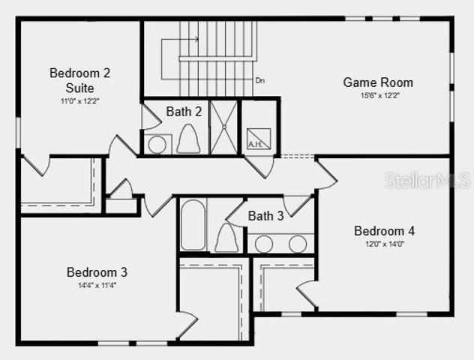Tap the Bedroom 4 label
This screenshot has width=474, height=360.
point(384,231)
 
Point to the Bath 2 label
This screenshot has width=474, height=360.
point(184,112)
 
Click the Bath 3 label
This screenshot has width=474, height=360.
point(265,216)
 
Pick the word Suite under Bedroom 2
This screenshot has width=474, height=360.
point(79,87)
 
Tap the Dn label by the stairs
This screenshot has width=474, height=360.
point(259,80)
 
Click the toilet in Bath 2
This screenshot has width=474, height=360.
point(188,139)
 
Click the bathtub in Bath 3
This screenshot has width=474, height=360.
point(193,225)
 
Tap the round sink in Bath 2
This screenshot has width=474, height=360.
point(157,144)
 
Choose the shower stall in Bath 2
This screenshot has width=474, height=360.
point(223,127)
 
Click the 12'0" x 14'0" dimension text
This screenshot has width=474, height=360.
point(384,244)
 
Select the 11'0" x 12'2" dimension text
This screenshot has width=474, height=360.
point(79,100)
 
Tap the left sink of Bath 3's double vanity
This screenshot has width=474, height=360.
point(263,244)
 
